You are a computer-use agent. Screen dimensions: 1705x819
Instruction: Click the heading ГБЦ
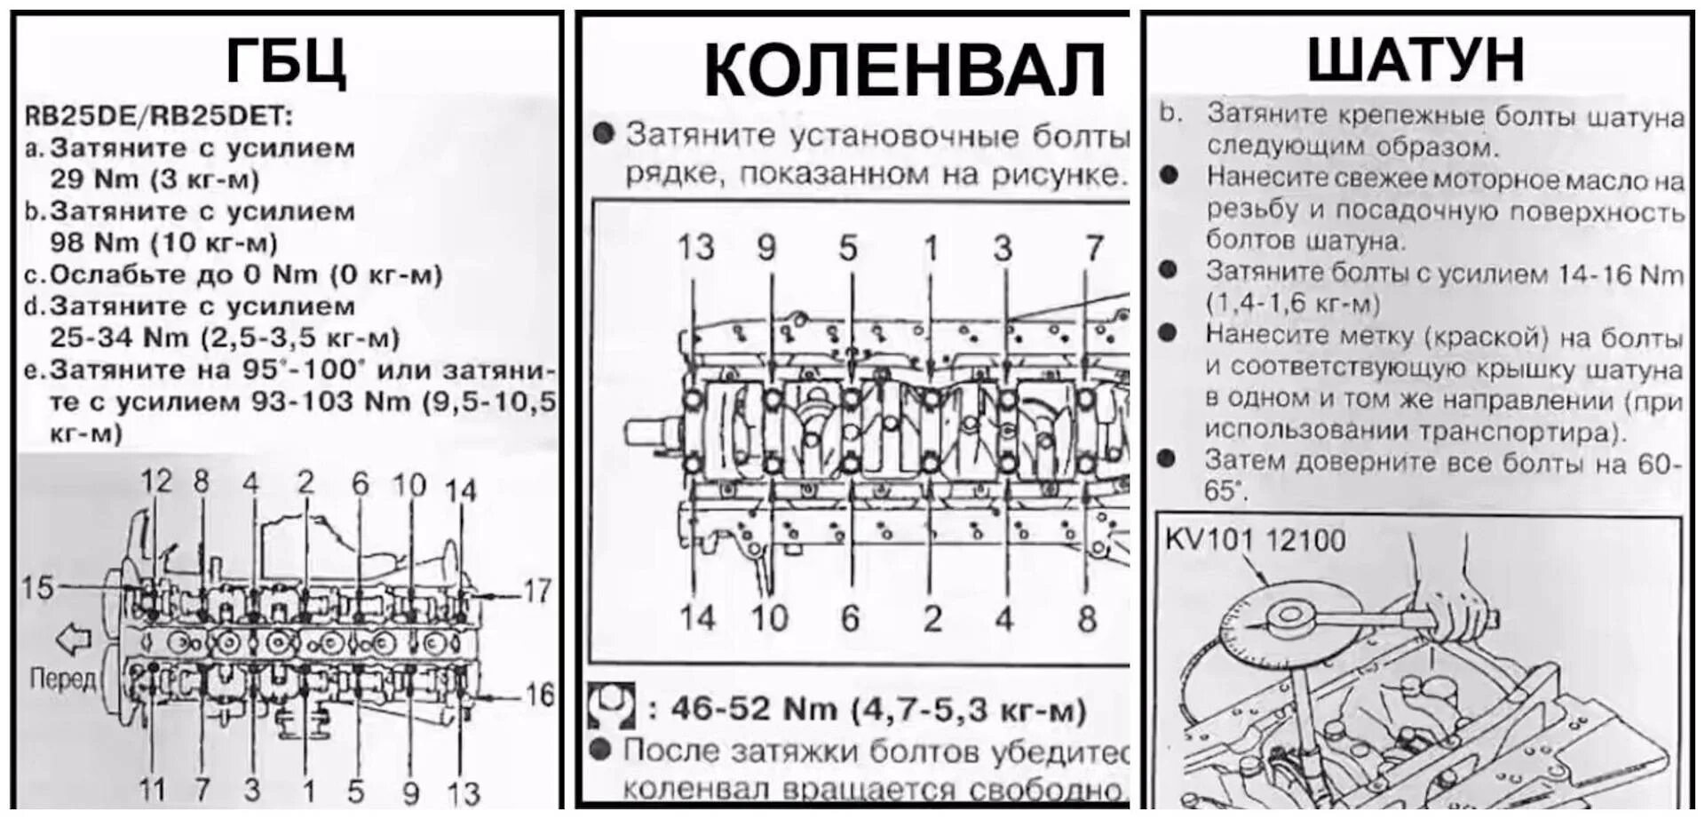286,60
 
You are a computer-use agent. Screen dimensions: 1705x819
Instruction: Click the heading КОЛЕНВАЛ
903,70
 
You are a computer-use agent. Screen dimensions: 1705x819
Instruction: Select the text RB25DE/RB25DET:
158,115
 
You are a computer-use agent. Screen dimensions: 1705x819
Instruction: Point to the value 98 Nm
95,243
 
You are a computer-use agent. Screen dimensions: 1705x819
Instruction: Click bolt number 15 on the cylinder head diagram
37,587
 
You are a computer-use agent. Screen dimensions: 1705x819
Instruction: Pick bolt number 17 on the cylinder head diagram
537,591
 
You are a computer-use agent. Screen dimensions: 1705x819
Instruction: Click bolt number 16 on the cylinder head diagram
538,694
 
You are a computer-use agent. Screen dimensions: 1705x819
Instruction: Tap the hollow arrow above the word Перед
73,638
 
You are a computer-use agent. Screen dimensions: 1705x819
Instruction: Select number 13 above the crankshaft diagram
695,248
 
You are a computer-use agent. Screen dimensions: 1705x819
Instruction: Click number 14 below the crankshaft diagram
696,617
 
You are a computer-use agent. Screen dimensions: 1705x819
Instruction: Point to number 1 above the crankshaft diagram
930,248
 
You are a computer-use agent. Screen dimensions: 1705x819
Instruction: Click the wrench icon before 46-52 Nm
611,706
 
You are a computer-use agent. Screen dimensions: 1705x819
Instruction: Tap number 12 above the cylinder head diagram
156,481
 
